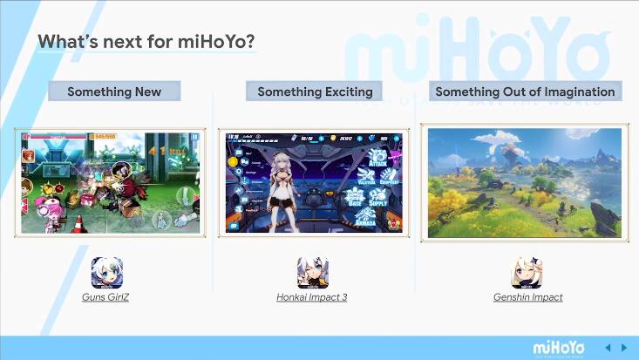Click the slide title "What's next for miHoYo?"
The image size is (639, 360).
(x=146, y=42)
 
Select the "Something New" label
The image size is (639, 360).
(x=114, y=92)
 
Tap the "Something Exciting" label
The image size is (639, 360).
(x=315, y=92)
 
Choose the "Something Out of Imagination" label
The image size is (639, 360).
(x=525, y=92)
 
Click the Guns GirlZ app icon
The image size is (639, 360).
(x=107, y=273)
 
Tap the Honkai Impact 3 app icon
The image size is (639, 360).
(x=312, y=273)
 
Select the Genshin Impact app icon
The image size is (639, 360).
(x=527, y=273)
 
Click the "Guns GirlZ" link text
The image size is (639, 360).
(x=107, y=297)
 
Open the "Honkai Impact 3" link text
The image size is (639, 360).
(x=312, y=297)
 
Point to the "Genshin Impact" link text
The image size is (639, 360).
(x=527, y=297)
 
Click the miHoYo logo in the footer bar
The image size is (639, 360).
(x=559, y=347)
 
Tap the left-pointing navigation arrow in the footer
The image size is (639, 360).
(x=608, y=348)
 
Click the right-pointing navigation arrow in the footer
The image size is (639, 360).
(x=624, y=348)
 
